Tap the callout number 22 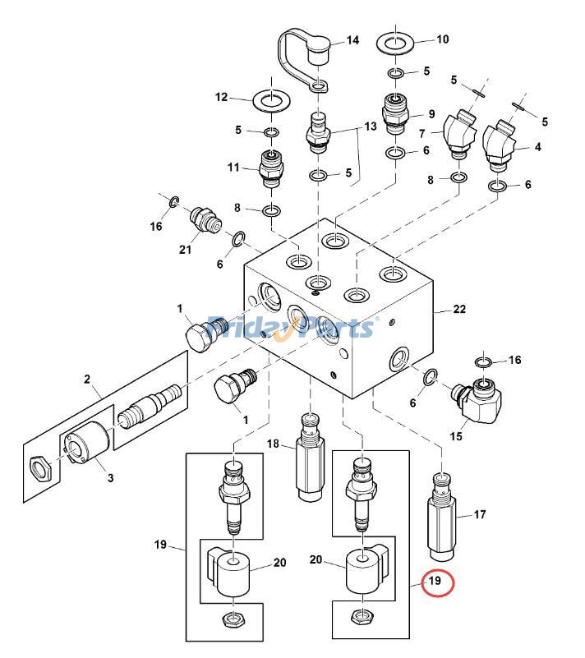pos(459,310)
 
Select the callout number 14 pos(352,40)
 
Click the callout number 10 pos(442,39)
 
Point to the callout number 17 pos(480,515)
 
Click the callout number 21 pos(186,250)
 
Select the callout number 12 pos(222,97)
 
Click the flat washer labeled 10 pos(396,42)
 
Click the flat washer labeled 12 pos(270,103)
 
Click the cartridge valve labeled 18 pos(310,460)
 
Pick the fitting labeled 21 pos(207,221)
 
